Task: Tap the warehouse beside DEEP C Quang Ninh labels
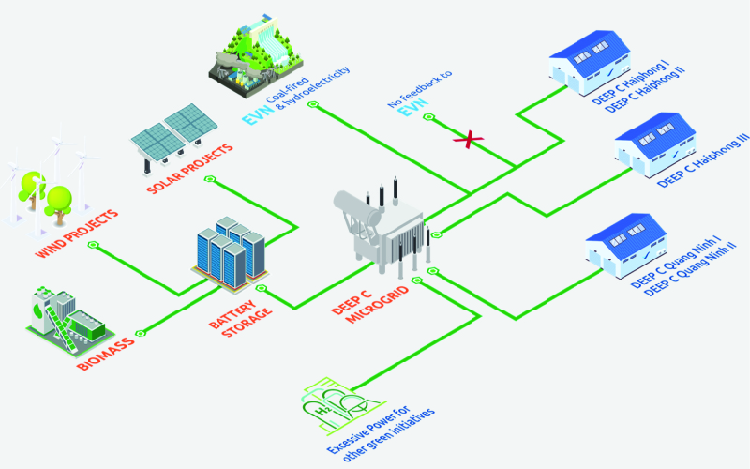[x=625, y=247]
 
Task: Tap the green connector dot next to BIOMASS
[x=140, y=332]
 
